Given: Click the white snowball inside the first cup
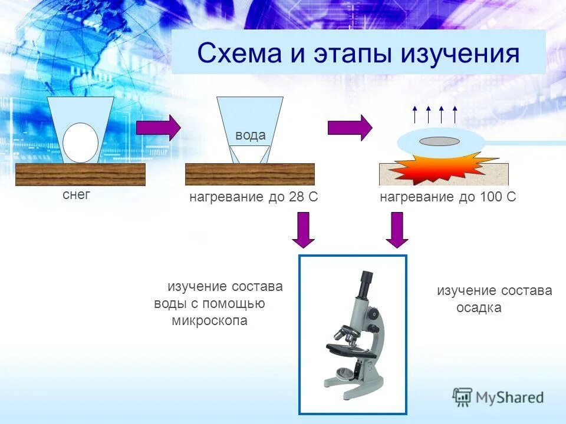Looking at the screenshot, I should pos(81,143).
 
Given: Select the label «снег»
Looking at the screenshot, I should pos(77,195).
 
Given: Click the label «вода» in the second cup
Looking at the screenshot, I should pos(250,135).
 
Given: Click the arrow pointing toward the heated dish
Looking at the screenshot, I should pos(350,128).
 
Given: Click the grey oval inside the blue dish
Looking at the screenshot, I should pos(440,141).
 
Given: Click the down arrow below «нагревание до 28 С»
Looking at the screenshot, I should pos(304,230).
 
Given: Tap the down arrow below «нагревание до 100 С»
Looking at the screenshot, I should pos(397,230).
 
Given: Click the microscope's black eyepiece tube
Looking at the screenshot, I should pos(365,285).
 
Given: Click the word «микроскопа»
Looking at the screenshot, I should pos(210,321).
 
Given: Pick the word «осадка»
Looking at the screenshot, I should pos(479,308).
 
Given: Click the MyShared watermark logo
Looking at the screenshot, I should pos(498,397).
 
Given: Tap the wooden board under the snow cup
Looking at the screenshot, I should pos(80,174).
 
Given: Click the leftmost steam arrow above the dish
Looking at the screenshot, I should pos(414,114).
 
